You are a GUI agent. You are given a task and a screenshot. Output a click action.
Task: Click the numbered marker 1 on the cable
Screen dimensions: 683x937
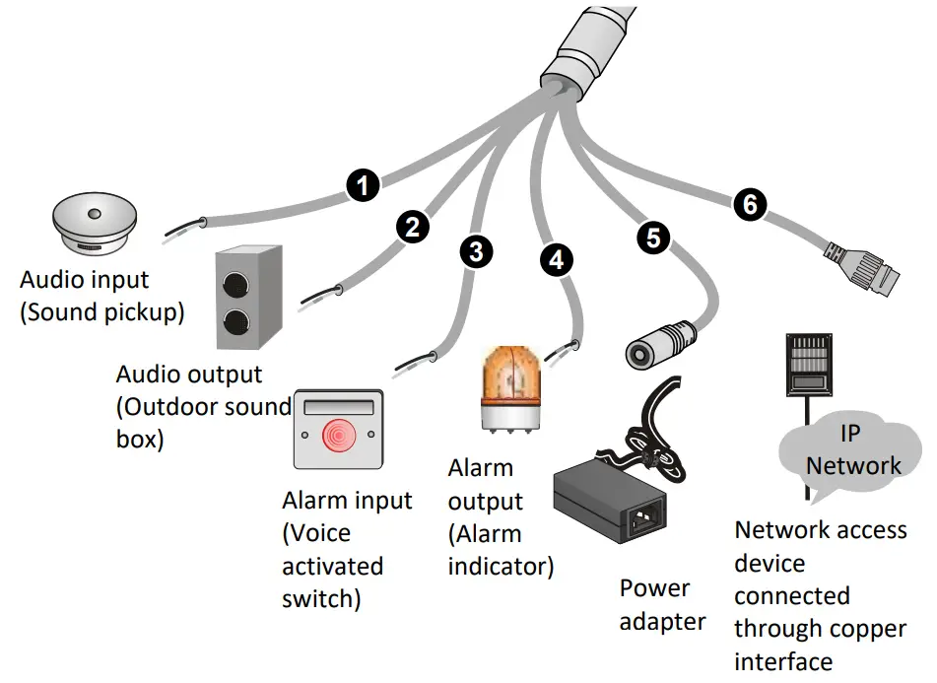click(365, 185)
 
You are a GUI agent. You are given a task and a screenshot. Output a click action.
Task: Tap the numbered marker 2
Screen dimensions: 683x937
click(412, 226)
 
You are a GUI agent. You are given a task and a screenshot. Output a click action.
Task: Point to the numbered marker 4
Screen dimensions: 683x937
click(556, 260)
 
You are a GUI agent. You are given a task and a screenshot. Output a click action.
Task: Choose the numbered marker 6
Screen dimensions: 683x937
click(750, 204)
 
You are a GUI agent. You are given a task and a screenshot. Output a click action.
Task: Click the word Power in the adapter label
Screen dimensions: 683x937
click(654, 588)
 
